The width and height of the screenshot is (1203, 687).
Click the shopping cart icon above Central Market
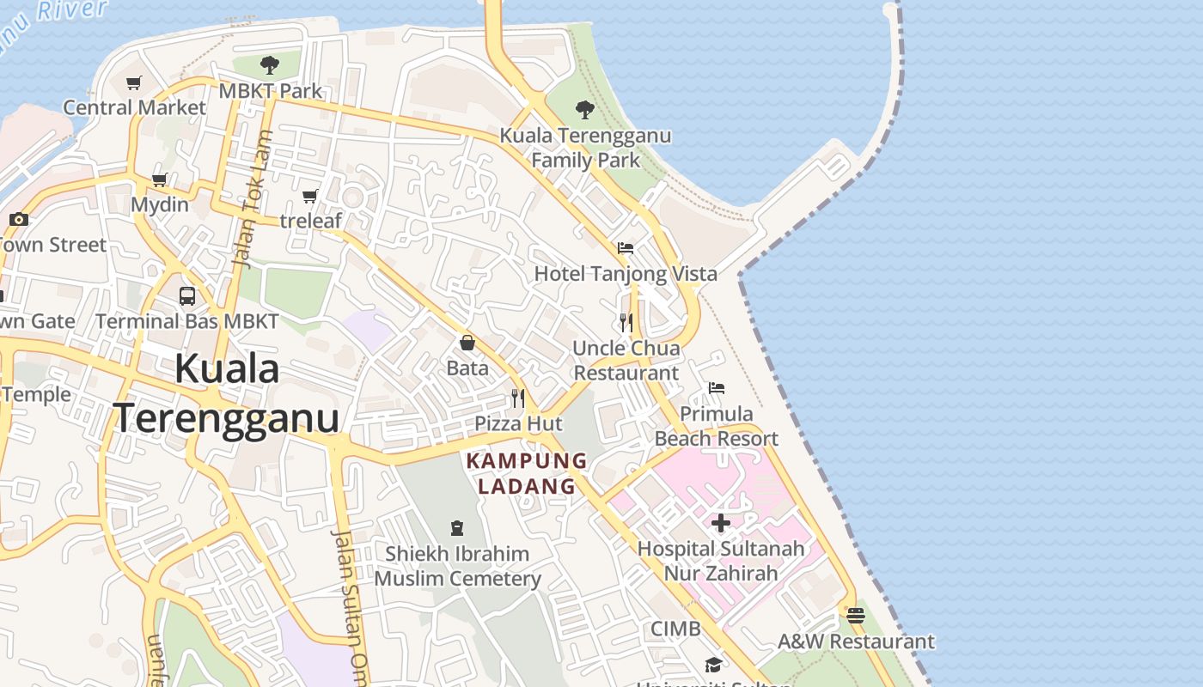point(133,83)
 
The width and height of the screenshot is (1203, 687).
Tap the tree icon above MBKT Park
point(269,64)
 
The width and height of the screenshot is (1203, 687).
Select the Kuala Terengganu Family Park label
point(585,148)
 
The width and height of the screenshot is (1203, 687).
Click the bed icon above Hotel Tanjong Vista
point(626,248)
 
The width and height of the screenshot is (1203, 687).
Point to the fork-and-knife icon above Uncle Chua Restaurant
point(626,323)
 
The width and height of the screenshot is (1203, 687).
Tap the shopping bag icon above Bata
point(467,343)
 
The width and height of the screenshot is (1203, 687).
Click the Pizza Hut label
point(518,423)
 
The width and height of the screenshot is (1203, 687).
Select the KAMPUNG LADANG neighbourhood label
point(527,473)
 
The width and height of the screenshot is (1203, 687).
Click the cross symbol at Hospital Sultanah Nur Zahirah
point(721,522)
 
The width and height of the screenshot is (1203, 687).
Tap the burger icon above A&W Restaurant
point(855,616)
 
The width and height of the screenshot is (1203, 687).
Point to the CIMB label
point(675,629)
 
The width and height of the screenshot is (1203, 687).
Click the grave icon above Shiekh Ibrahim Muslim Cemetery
point(457,528)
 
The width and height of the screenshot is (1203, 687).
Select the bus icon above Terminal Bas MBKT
point(187,296)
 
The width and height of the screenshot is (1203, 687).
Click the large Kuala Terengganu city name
point(227,394)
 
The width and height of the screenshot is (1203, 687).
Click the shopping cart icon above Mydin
point(159,180)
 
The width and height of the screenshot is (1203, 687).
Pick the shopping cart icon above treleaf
point(310,197)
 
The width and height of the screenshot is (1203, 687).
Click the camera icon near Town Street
point(19,220)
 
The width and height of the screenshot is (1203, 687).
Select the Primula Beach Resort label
point(716,426)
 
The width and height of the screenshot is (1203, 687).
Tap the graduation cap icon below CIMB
point(713,665)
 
